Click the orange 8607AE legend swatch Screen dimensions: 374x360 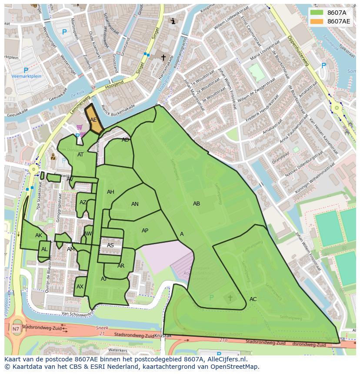point(317,21)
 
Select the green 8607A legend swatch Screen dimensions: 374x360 point(317,13)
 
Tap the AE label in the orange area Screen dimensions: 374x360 point(93,120)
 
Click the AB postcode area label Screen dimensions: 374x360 point(197,204)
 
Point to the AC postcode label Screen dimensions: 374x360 point(253,299)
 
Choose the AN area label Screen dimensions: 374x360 point(135,204)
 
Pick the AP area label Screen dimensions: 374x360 point(145,231)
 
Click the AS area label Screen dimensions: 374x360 point(110,245)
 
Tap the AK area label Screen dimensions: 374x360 point(39,235)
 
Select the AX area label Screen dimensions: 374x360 point(80,287)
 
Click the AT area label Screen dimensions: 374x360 point(80,155)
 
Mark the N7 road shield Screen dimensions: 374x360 point(16,329)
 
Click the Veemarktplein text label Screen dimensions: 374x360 point(26,76)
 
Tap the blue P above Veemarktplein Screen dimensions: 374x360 point(26,70)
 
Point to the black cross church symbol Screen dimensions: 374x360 point(163,57)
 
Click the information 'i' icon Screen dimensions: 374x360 point(173,21)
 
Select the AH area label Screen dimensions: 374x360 point(110,192)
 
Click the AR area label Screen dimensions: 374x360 point(121,266)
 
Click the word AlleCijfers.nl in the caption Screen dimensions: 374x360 point(227,359)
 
